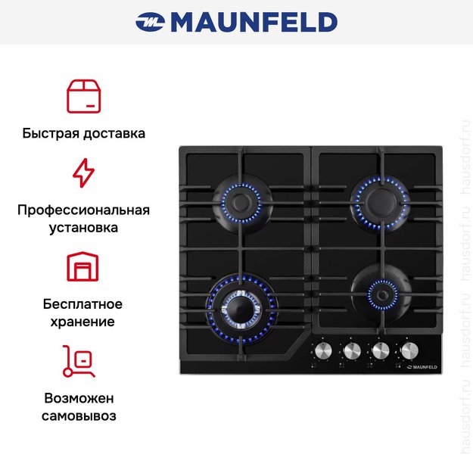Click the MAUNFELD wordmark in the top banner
coord(254,22)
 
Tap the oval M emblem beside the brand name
coord(150,22)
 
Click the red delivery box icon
coord(83,96)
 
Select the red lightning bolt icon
coord(83,173)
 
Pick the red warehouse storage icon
coord(82,266)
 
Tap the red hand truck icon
coord(79,361)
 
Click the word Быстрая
coord(51,133)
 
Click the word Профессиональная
coord(83,210)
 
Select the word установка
coord(83,228)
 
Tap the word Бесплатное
coord(82,304)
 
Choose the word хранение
coord(82,322)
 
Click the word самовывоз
coord(79,415)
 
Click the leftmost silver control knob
coord(323,351)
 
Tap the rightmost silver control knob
coord(409,351)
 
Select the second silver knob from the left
coord(352,351)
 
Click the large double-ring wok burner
coord(241,310)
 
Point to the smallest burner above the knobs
coord(382,294)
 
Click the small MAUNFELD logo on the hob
coord(422,367)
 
